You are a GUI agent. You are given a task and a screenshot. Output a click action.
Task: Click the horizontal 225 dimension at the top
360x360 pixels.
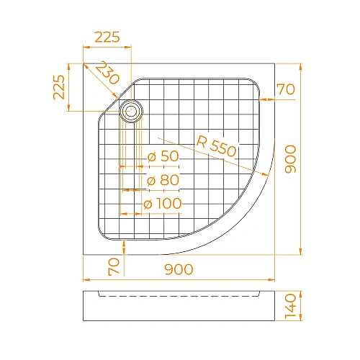[x=107, y=37]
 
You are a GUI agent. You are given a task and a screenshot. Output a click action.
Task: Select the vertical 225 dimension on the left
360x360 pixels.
[x=59, y=88]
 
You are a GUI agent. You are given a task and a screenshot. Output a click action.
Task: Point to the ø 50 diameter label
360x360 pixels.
[x=162, y=156]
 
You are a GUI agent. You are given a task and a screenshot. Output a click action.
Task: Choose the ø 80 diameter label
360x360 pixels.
[x=162, y=180]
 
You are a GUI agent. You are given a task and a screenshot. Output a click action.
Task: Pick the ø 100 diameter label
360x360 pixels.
[x=163, y=204]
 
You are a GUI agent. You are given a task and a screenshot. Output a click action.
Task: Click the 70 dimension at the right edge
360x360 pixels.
[x=286, y=90]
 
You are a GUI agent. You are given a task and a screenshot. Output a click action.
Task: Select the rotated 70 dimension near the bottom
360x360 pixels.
[x=113, y=266]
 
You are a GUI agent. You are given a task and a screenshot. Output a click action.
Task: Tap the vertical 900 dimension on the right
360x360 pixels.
[x=291, y=158]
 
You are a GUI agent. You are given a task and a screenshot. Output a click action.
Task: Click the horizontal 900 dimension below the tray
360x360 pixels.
[x=179, y=270]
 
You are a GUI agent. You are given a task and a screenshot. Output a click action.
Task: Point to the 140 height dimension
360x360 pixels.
[x=291, y=306]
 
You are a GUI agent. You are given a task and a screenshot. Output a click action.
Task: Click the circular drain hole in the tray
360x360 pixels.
[x=132, y=111]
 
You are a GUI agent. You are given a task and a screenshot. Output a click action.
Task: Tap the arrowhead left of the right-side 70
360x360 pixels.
[x=261, y=96]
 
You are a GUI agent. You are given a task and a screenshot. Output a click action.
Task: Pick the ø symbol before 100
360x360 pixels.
[x=148, y=204]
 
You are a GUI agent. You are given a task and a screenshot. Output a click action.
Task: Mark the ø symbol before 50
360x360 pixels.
[x=151, y=156]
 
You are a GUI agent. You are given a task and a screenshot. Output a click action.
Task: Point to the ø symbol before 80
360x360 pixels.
[x=151, y=180]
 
